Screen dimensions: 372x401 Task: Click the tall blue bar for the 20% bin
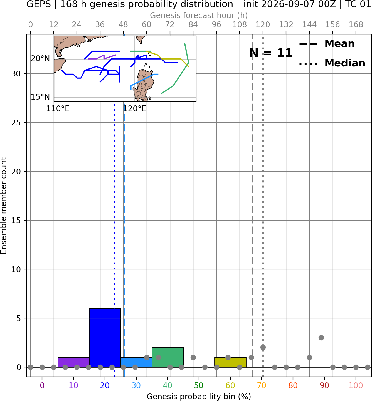point(105,338)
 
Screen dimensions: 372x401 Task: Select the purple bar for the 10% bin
point(73,362)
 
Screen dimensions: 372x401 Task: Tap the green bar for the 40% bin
point(168,357)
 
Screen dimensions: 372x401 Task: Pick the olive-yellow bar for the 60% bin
point(230,362)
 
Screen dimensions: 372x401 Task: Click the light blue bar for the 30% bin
point(136,362)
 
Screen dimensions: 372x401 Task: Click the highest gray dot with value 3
point(321,338)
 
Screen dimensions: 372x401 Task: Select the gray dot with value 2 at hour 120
point(263,348)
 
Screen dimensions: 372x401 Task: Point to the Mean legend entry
point(327,44)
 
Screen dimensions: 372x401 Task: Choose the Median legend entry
point(332,63)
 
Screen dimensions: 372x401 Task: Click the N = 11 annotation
point(271,53)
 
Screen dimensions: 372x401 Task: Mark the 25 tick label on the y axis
point(16,123)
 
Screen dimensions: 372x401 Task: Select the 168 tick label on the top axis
point(356,25)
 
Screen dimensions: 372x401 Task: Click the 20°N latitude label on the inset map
point(40,59)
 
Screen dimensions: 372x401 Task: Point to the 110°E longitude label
point(58,109)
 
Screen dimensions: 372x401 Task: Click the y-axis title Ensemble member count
point(3,206)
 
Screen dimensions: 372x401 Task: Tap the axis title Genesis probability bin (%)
point(199,397)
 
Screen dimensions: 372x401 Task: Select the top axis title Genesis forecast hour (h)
point(199,15)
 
